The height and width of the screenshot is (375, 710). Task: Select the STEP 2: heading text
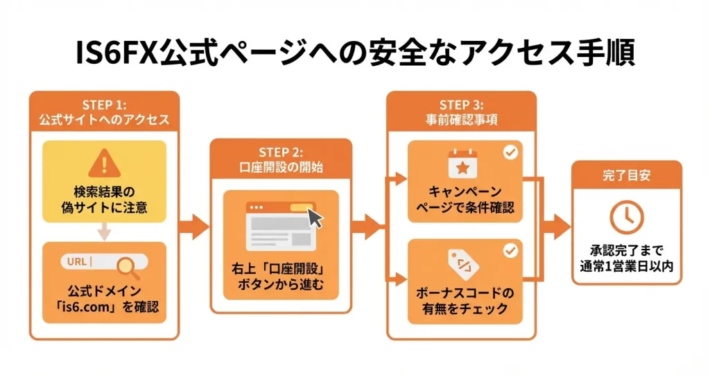(281, 152)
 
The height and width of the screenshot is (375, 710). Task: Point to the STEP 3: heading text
(460, 105)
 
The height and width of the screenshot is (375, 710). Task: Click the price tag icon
(461, 263)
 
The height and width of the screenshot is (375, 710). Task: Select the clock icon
(626, 218)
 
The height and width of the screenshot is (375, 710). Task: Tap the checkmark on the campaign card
(511, 152)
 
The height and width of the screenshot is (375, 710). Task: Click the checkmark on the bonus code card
(511, 250)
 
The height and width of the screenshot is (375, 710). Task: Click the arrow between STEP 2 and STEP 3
(367, 226)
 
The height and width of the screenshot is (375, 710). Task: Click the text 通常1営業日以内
(626, 265)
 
